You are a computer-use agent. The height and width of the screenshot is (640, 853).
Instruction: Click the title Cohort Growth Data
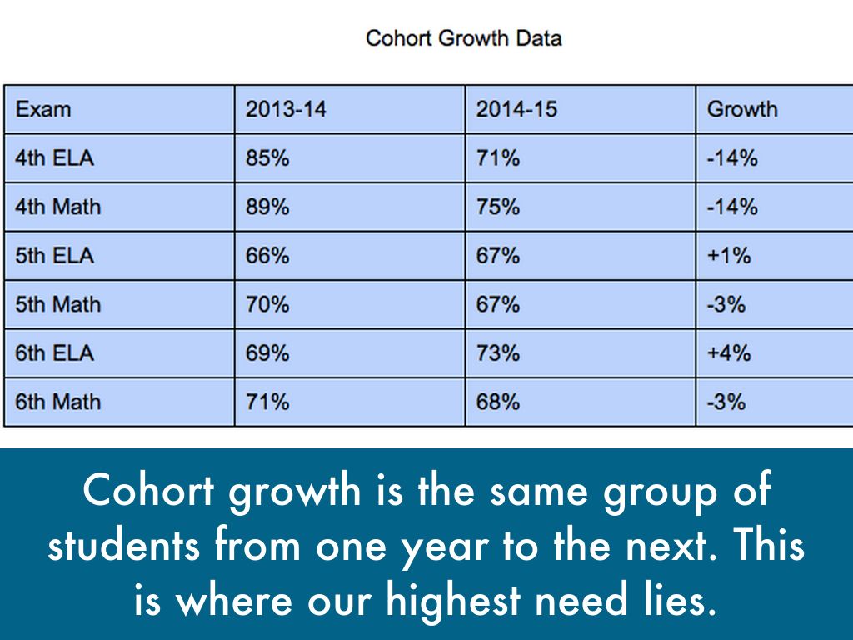tap(463, 38)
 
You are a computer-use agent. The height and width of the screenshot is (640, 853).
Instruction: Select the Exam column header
tap(43, 109)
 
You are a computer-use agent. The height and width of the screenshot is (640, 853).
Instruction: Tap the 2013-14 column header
tap(286, 109)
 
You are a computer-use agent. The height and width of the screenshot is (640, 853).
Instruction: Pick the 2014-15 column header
tap(516, 109)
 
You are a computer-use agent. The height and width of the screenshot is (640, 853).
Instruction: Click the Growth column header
tap(742, 109)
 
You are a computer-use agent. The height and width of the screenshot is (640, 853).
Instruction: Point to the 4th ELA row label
tap(54, 158)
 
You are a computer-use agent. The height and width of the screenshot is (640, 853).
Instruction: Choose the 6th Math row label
tap(57, 402)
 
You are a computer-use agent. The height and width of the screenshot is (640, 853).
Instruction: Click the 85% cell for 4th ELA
tap(267, 158)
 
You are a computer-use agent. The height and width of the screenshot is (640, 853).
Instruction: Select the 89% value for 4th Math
tap(267, 207)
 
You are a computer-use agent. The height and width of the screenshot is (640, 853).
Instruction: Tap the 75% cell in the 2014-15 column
tap(498, 207)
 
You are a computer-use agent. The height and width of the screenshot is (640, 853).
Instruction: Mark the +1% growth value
tap(729, 256)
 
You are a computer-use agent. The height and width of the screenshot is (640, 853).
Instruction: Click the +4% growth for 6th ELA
tap(729, 353)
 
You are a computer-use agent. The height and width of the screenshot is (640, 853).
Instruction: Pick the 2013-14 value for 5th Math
tap(267, 305)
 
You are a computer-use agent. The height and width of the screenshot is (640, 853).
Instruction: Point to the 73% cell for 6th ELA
tap(498, 353)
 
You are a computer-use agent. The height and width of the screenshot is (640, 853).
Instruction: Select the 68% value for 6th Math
tap(498, 402)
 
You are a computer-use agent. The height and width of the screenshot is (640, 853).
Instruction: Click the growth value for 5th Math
tap(726, 305)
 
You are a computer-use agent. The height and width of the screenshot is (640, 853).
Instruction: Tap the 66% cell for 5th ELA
tap(267, 256)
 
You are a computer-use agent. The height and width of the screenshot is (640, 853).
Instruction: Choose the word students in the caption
tap(124, 545)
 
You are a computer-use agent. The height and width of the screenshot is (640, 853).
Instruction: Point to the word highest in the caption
tap(454, 602)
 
